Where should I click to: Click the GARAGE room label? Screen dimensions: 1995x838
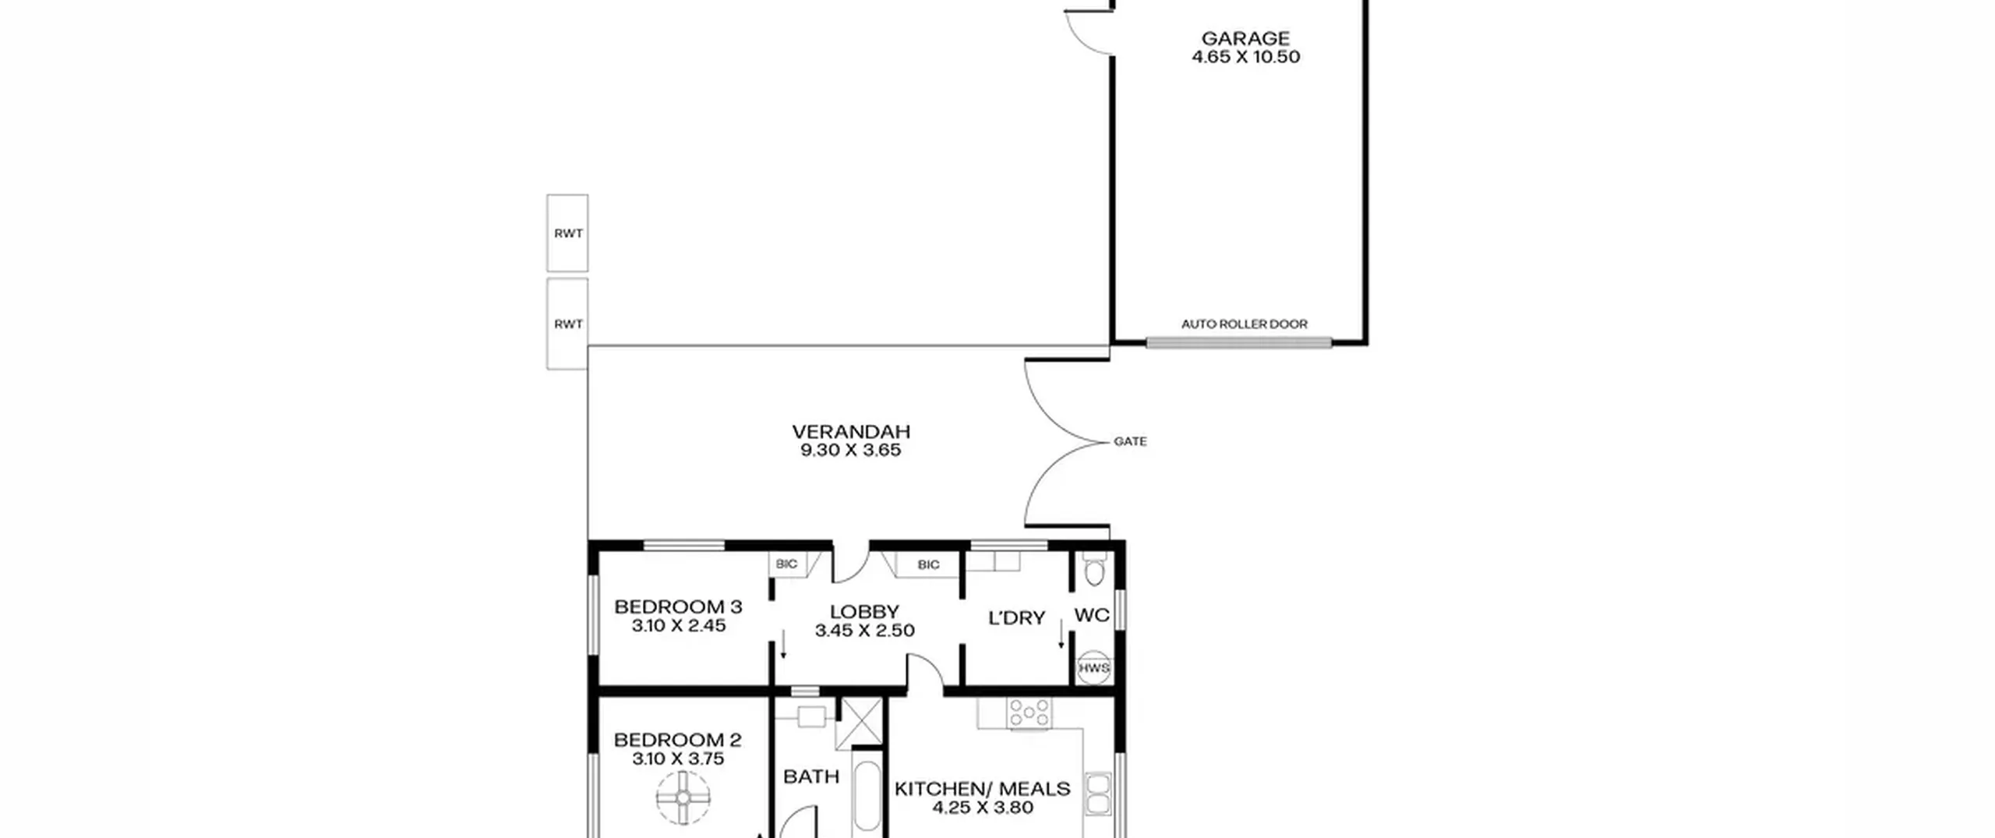point(1245,38)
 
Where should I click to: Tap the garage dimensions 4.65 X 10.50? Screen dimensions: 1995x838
point(1245,57)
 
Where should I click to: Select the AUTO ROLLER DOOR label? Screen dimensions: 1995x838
point(1245,324)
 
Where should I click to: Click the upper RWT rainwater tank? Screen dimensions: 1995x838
point(567,233)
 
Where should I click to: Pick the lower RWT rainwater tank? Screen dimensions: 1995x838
point(567,324)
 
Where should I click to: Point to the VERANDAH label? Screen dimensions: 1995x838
point(851,432)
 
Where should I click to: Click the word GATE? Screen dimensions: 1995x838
point(1130,442)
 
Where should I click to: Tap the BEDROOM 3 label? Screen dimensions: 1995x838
point(678,606)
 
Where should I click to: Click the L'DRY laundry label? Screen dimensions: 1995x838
point(1016,618)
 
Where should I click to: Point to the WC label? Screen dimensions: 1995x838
point(1092,615)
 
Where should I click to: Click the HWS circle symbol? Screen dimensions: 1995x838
point(1094,668)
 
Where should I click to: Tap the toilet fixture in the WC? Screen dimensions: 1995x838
point(1094,569)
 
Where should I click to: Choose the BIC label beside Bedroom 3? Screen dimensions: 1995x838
point(786,564)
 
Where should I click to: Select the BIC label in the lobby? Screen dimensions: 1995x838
point(928,565)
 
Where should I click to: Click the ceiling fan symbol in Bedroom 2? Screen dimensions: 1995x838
point(683,798)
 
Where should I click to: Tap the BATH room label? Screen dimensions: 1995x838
point(811,776)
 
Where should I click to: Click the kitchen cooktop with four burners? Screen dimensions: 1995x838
point(1029,713)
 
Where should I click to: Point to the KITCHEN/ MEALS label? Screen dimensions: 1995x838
point(983,789)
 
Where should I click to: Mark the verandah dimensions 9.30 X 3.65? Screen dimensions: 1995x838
point(851,451)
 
